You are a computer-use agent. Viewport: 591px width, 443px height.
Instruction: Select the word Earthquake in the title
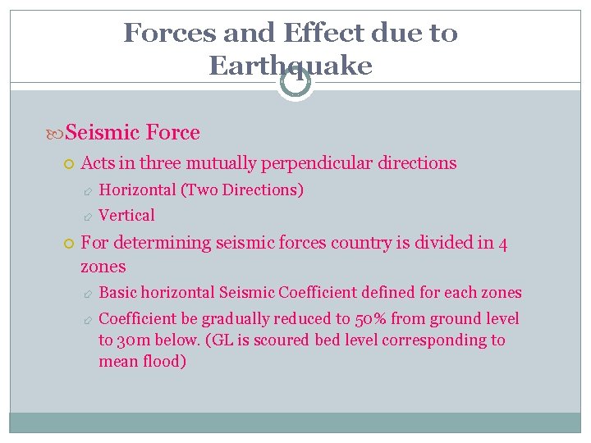click(291, 66)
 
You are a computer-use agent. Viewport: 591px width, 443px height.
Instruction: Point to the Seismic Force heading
click(131, 132)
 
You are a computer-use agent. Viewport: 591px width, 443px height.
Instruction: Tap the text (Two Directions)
click(244, 190)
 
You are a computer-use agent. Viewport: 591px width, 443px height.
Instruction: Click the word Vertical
click(126, 216)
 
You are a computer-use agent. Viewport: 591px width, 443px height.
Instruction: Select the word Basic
click(119, 293)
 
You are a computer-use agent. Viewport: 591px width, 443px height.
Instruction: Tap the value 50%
click(372, 319)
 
